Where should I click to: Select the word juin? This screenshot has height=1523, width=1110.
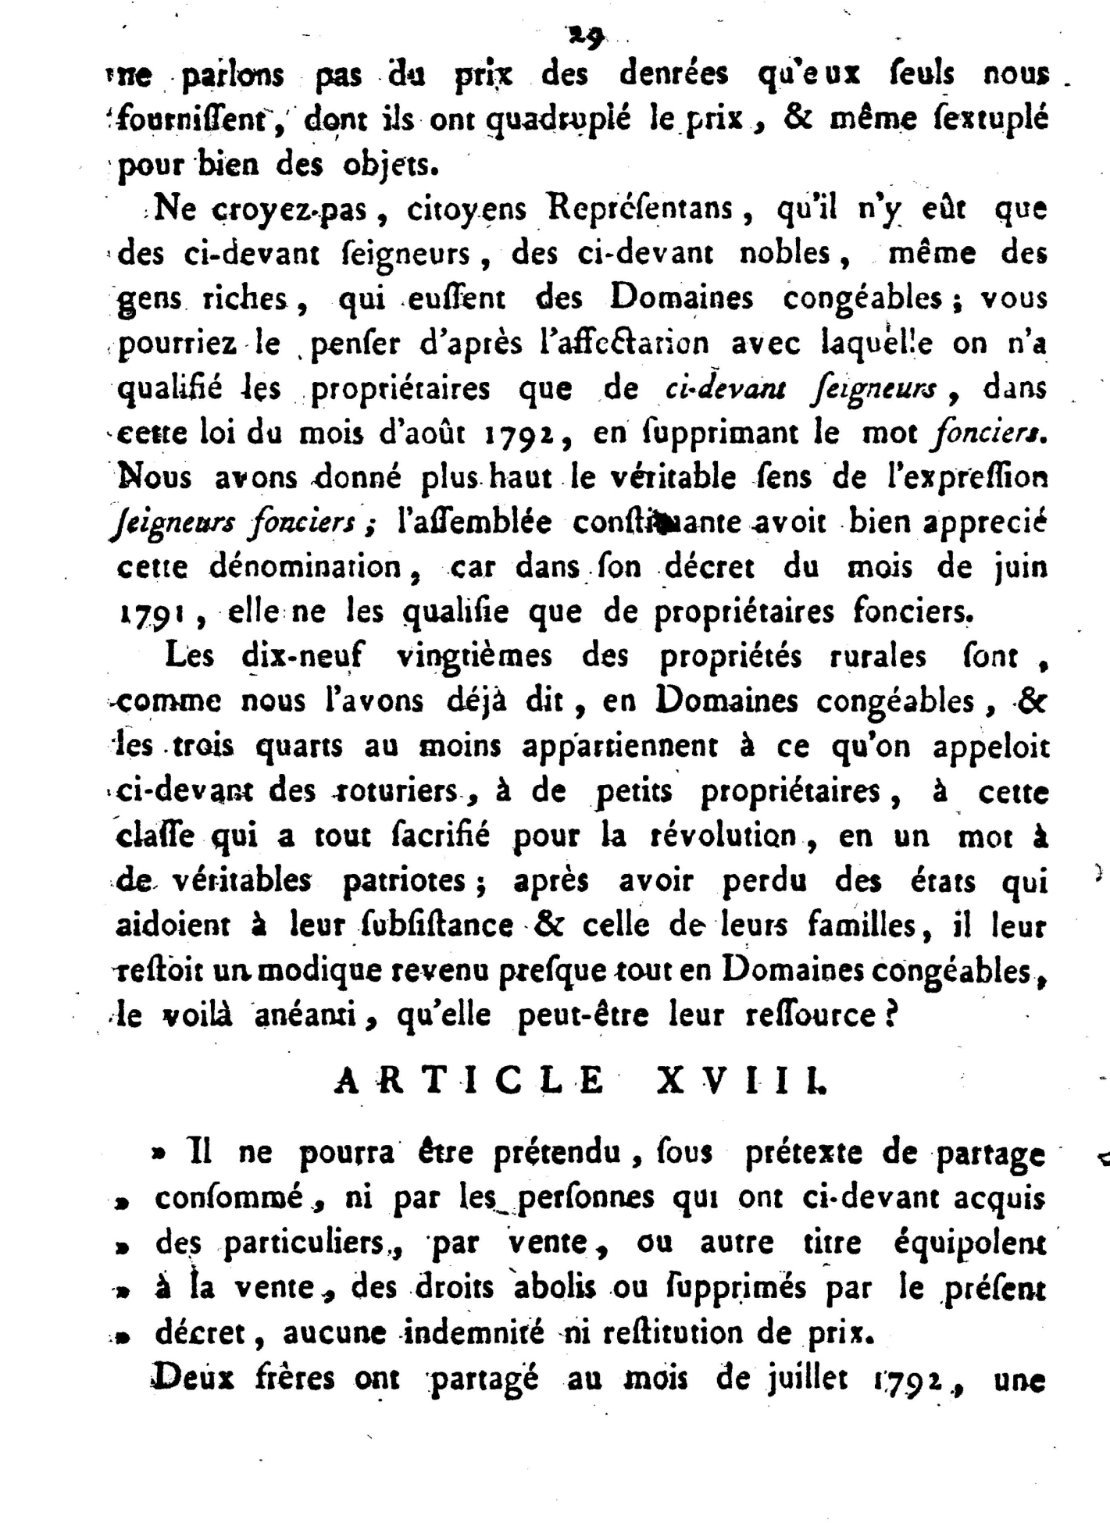[1020, 568]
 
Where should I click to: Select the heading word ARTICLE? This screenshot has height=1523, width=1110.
[469, 1081]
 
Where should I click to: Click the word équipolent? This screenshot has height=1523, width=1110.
[969, 1243]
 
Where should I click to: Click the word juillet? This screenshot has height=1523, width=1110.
[808, 1379]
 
